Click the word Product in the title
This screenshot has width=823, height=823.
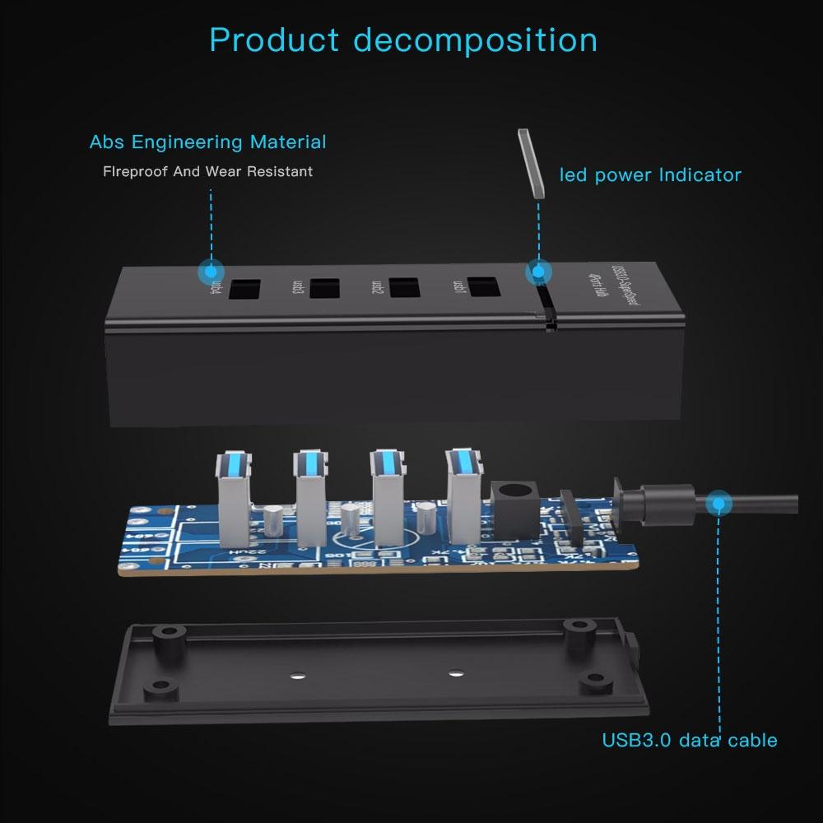coord(274,40)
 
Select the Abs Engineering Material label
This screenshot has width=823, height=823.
coord(207,142)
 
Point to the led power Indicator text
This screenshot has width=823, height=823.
coord(650,174)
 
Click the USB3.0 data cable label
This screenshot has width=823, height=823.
coord(689,740)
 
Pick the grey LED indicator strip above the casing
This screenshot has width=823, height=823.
coord(531,163)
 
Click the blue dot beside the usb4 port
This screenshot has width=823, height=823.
coord(211,271)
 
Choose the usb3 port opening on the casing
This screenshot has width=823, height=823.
coord(324,289)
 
